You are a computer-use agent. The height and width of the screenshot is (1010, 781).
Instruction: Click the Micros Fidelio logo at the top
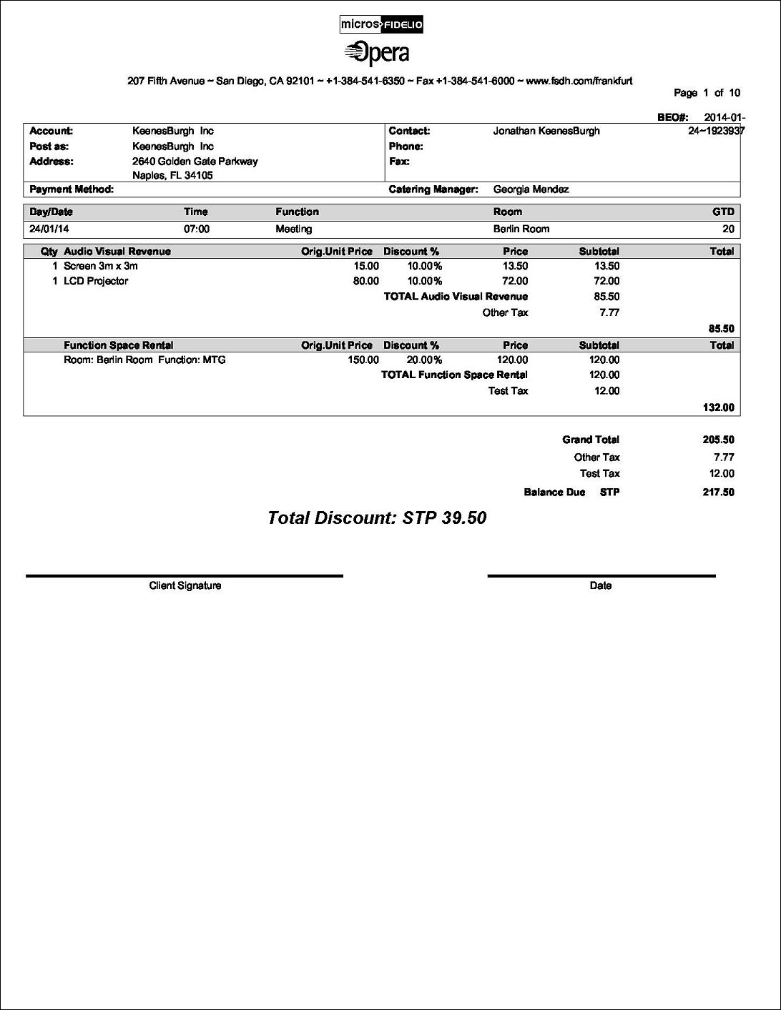click(382, 25)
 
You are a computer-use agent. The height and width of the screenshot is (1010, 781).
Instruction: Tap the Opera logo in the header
click(377, 54)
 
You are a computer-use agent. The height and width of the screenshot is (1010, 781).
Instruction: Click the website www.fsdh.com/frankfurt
click(579, 81)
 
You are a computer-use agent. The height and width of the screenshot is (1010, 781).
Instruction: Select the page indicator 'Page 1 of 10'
click(707, 93)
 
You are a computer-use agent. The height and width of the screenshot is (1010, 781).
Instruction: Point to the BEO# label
click(672, 117)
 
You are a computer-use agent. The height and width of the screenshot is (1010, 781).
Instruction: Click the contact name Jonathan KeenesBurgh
click(546, 131)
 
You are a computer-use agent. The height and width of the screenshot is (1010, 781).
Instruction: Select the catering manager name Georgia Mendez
click(531, 189)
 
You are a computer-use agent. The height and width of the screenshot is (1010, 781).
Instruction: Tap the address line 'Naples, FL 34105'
click(172, 175)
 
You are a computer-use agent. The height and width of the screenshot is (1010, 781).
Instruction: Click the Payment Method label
click(72, 189)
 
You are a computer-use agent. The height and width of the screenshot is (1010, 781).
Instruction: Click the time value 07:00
click(197, 229)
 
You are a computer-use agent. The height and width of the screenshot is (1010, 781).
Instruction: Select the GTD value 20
click(727, 229)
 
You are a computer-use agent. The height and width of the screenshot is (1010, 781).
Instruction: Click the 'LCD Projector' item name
click(96, 281)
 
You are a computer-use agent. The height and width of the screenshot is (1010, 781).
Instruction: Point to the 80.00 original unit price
click(366, 281)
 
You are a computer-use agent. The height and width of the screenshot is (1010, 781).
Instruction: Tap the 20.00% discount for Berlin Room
click(424, 360)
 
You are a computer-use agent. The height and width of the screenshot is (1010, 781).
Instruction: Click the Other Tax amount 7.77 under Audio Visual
click(609, 312)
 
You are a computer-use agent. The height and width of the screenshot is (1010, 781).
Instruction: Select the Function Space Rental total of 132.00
click(719, 407)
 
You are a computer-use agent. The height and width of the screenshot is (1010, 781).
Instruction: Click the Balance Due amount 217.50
click(718, 492)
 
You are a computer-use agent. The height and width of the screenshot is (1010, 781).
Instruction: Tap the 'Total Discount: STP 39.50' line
click(376, 518)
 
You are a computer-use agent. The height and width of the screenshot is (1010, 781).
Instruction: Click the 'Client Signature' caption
click(185, 585)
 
